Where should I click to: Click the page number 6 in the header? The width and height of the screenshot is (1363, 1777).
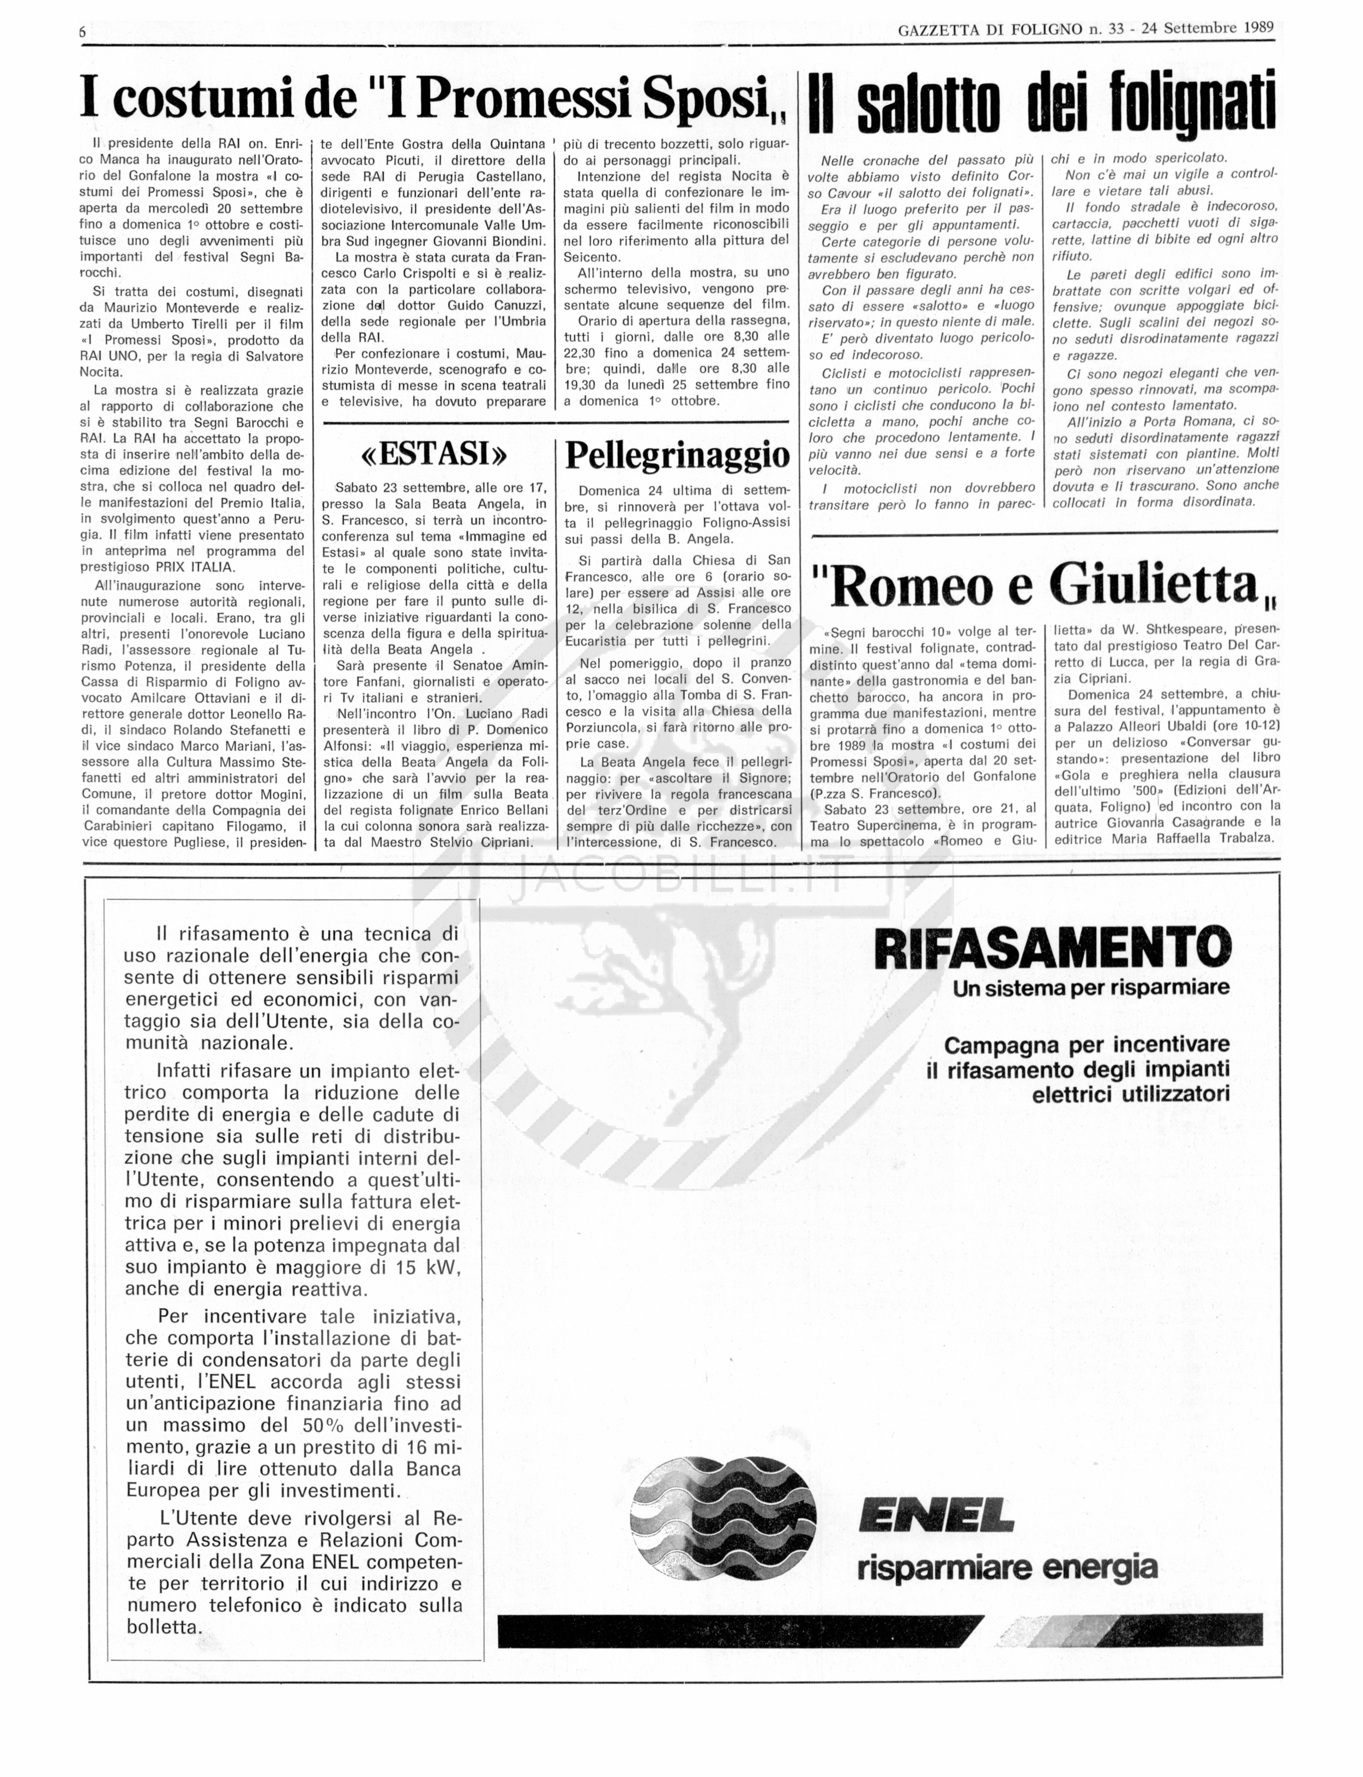[x=83, y=32]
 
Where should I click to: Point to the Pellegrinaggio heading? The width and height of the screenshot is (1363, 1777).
[x=677, y=455]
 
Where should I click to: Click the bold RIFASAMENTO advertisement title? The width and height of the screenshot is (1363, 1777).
[x=1052, y=948]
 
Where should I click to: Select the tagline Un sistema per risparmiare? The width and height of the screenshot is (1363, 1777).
[x=1091, y=987]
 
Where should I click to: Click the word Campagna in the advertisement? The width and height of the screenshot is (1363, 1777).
[x=997, y=1044]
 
